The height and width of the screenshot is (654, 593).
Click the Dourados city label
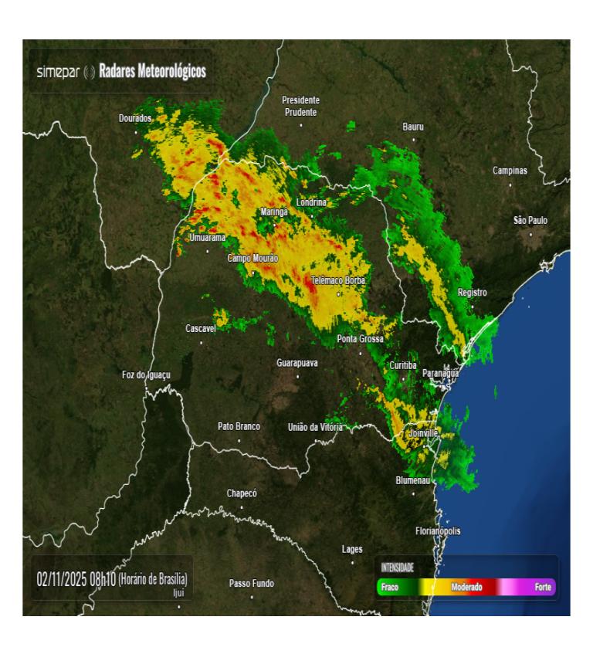coord(135,118)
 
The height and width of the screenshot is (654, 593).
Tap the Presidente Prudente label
coord(300,106)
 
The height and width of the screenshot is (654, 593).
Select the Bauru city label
coord(413,126)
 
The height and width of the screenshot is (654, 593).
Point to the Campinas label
coord(510,170)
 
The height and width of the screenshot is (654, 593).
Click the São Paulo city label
coord(530,221)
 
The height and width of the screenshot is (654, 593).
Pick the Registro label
coord(473,293)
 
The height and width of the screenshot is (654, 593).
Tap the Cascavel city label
coord(201,329)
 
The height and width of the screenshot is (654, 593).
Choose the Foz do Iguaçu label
coord(146,374)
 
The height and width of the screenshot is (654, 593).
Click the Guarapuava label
coord(297,363)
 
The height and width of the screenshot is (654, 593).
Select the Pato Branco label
coord(239,426)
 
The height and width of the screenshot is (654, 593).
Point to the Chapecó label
coord(241,493)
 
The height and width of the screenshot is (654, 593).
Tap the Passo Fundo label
coord(252,583)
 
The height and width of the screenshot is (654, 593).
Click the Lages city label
coord(352,549)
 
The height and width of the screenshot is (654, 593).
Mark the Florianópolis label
coord(438,531)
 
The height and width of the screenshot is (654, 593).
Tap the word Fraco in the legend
coord(390,588)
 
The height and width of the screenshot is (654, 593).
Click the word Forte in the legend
coord(543,588)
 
